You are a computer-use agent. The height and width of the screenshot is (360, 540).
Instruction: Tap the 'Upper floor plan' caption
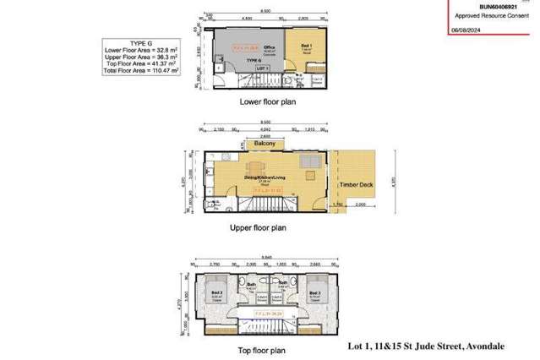(259, 227)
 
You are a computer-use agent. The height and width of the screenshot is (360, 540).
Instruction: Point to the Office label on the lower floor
(270, 47)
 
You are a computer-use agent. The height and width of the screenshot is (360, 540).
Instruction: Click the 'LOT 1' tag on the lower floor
(262, 67)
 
